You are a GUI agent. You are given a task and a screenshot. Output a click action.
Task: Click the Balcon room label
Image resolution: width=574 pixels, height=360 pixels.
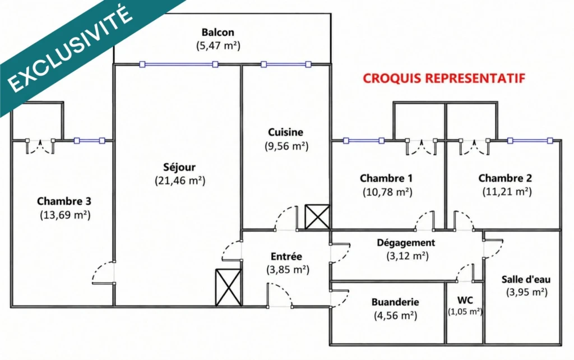pyautogui.click(x=218, y=32)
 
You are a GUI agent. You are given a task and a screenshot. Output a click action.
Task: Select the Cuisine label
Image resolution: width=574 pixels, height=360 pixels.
pyautogui.click(x=285, y=132)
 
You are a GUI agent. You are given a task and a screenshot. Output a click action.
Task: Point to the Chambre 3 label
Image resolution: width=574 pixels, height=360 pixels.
pyautogui.click(x=64, y=201)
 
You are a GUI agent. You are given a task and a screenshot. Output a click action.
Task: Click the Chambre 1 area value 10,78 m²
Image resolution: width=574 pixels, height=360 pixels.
pyautogui.click(x=387, y=192)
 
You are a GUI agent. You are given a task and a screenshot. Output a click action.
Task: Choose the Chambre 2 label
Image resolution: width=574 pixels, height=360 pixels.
pyautogui.click(x=505, y=178)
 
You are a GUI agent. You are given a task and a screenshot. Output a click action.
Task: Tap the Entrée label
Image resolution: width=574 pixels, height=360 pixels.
pyautogui.click(x=286, y=256)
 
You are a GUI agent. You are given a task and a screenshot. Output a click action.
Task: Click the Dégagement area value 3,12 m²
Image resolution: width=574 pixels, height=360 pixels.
pyautogui.click(x=408, y=256)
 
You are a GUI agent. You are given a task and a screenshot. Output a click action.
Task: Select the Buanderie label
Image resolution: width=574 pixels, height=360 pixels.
pyautogui.click(x=395, y=302)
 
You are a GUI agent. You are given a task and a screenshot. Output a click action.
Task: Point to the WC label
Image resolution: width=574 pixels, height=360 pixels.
pyautogui.click(x=465, y=301)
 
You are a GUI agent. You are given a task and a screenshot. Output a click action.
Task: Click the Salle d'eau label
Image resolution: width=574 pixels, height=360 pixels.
pyautogui.click(x=526, y=279)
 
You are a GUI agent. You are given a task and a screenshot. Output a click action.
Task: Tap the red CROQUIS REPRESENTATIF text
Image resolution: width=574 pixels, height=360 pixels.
pyautogui.click(x=444, y=78)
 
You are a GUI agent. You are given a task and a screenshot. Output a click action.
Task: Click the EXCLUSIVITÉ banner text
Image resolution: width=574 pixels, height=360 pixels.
pyautogui.click(x=70, y=49)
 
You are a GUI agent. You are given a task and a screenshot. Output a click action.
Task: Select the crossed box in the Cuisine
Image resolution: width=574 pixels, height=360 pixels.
pyautogui.click(x=317, y=217)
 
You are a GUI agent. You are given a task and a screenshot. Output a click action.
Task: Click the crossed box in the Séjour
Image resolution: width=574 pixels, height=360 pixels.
pyautogui.click(x=229, y=288)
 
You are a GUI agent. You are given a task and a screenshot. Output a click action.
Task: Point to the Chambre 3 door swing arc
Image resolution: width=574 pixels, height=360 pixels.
pyautogui.click(x=95, y=269)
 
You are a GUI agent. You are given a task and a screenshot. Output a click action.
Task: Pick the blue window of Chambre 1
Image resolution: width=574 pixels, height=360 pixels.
pyautogui.click(x=363, y=141)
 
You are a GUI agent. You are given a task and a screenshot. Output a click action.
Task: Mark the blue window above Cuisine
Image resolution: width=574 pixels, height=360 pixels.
pyautogui.click(x=286, y=64)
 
